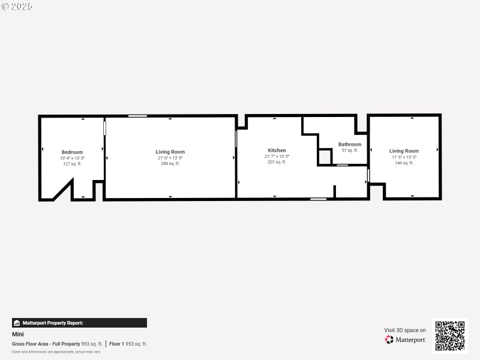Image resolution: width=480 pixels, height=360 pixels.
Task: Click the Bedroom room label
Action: coord(72,152)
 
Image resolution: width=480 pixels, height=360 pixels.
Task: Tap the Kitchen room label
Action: coord(277,150)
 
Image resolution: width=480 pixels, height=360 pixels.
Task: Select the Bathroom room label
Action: coord(350,144)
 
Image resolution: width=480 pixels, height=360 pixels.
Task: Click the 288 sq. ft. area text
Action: coord(170,163)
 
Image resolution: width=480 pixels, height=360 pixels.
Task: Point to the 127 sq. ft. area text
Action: coord(72,163)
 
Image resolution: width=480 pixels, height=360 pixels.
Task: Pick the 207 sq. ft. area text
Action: coord(277,162)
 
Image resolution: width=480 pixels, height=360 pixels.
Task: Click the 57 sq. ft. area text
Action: coord(350,150)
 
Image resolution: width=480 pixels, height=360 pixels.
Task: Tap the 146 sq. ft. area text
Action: coord(404,163)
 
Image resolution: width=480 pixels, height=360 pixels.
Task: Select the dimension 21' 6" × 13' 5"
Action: coord(170,158)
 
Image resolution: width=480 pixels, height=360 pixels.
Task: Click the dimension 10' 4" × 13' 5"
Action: coord(72,158)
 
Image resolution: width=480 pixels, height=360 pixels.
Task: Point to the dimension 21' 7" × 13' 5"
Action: coord(277,156)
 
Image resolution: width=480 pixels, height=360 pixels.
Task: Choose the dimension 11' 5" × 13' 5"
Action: coord(404,157)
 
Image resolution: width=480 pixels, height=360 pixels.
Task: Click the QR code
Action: coord(450,335)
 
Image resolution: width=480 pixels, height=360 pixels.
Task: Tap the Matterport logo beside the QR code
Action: coord(406,340)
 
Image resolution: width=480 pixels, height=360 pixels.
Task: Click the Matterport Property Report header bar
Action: coord(79,323)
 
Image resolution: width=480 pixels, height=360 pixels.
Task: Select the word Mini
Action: coord(18,334)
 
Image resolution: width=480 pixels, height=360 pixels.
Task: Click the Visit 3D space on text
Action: coord(405,330)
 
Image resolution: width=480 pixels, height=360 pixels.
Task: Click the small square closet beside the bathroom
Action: coord(324,157)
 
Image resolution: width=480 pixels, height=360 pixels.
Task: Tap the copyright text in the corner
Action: coord(17,6)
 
